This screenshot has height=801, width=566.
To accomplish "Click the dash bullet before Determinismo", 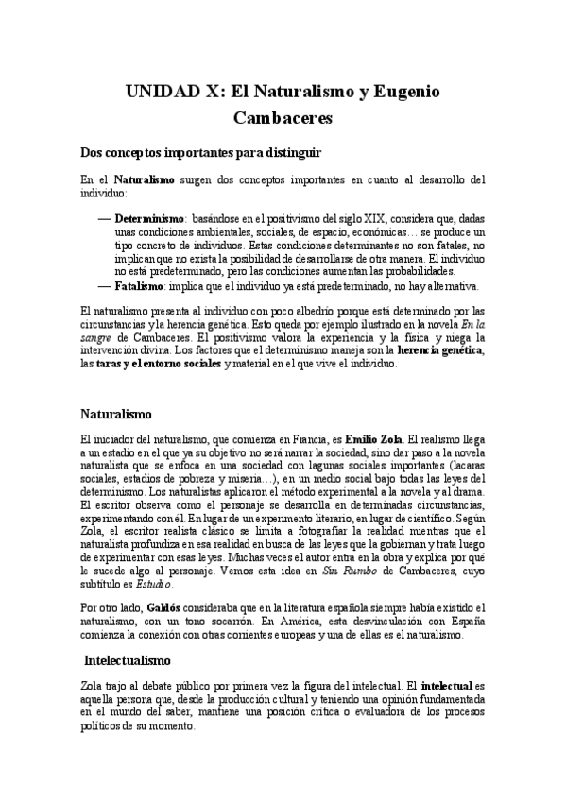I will pyautogui.click(x=104, y=218).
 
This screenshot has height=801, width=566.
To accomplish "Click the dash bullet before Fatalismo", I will pyautogui.click(x=104, y=286).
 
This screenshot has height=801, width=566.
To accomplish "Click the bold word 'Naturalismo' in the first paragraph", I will pyautogui.click(x=144, y=179).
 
